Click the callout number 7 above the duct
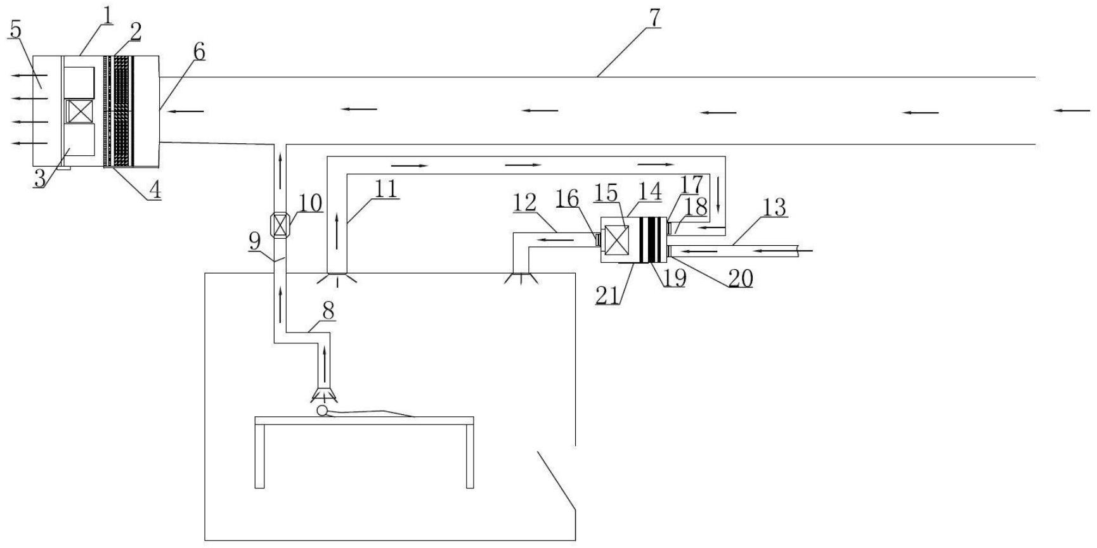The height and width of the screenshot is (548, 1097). click(x=654, y=18)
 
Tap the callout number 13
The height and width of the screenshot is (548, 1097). click(x=774, y=207)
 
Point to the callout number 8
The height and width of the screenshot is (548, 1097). click(x=328, y=310)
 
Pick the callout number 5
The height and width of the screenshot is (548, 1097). click(x=15, y=29)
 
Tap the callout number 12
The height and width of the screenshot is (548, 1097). click(x=524, y=202)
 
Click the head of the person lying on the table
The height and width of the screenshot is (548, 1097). click(x=322, y=411)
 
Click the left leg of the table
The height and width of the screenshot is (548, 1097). click(x=259, y=456)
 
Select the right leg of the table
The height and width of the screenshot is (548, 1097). click(x=470, y=456)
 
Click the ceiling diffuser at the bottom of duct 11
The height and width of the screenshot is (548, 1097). click(x=337, y=277)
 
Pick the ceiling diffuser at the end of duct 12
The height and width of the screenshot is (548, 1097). click(x=521, y=278)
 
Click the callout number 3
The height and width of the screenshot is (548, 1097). click(x=40, y=178)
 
